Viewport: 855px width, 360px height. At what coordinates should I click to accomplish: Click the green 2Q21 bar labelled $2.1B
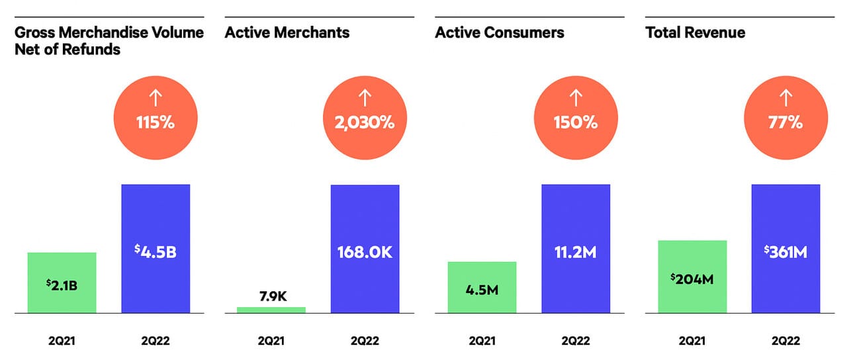click(x=62, y=283)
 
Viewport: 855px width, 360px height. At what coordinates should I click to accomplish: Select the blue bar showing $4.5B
click(x=156, y=248)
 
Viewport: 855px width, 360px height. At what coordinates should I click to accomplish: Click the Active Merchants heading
click(x=287, y=32)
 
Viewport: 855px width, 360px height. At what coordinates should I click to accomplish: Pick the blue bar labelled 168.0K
click(x=365, y=248)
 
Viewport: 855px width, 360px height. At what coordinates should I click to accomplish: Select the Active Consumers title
click(x=500, y=32)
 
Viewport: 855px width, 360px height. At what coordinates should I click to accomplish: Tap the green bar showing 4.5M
click(x=482, y=287)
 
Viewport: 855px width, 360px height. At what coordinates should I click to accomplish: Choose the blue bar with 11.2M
click(x=576, y=248)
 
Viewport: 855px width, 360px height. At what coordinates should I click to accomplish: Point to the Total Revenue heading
click(x=695, y=32)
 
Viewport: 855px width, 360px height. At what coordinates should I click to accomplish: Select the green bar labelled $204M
click(x=692, y=277)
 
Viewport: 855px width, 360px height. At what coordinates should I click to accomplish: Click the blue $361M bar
click(x=786, y=248)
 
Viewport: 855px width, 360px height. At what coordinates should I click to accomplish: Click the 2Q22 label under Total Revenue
click(x=786, y=341)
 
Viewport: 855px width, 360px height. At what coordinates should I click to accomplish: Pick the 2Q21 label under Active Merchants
click(x=271, y=341)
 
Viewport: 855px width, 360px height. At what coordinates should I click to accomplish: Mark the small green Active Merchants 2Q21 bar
click(x=271, y=310)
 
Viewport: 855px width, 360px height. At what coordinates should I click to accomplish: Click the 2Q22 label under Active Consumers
click(x=576, y=341)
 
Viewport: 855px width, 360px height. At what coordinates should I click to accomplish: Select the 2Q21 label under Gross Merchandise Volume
click(x=62, y=341)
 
